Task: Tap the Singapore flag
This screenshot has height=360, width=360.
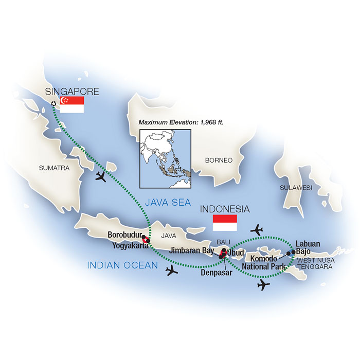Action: click(72, 104)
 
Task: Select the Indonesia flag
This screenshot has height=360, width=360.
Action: click(225, 223)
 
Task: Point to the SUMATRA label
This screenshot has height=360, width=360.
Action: click(54, 168)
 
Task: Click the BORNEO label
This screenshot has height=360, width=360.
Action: click(219, 160)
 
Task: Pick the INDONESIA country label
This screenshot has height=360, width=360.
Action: click(225, 209)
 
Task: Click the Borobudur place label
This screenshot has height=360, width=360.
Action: click(124, 236)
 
